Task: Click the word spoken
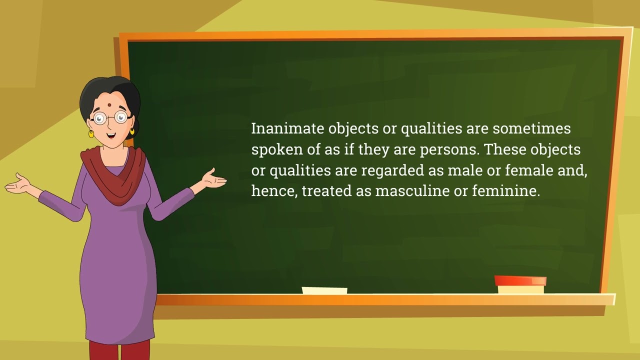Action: point(277,150)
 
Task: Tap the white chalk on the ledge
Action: point(324,290)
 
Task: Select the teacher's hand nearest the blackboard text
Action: point(212,178)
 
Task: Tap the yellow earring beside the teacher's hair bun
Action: point(132,131)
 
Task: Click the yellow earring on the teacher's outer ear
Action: point(91,133)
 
